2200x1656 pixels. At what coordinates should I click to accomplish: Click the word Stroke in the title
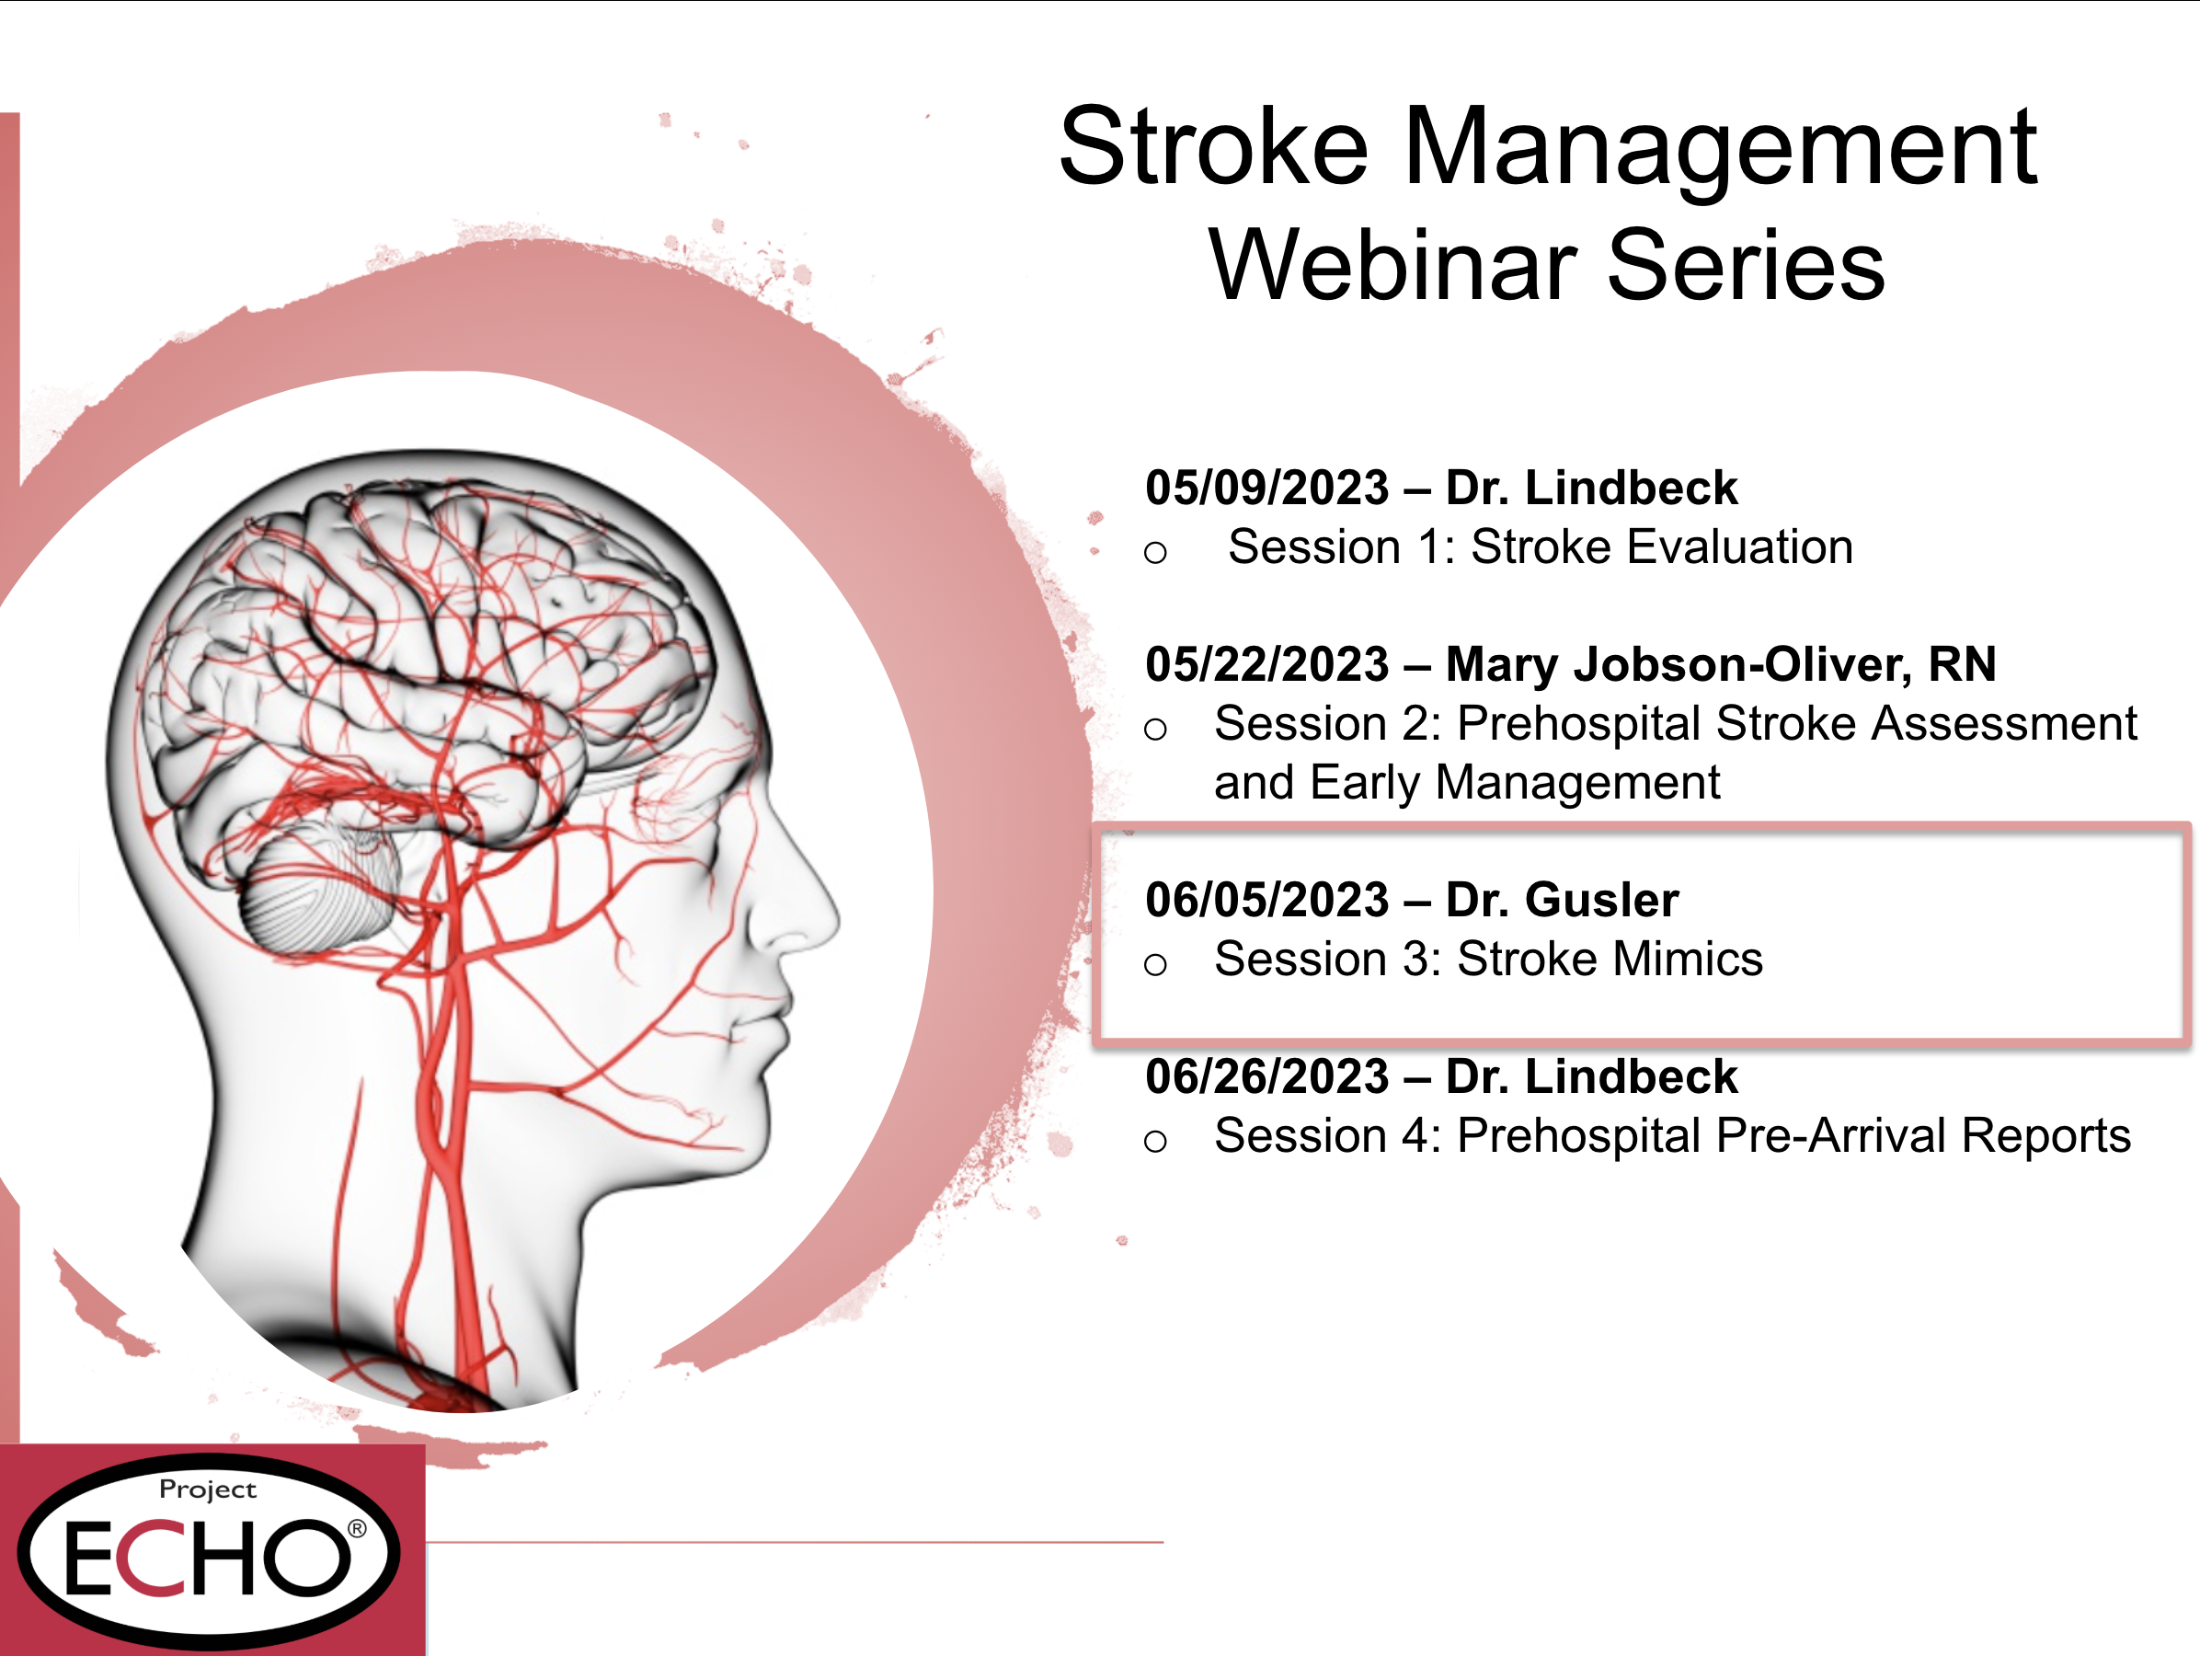click(x=1213, y=147)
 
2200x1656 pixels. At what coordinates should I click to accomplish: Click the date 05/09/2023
click(x=1266, y=488)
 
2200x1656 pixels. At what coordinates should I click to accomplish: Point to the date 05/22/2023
click(x=1266, y=663)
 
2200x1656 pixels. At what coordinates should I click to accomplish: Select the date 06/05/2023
click(x=1266, y=899)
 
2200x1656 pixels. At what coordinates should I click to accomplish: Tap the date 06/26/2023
click(x=1266, y=1076)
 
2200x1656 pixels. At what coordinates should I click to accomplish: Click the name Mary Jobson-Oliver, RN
click(x=1721, y=665)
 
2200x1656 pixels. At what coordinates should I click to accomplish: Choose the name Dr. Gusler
click(x=1562, y=899)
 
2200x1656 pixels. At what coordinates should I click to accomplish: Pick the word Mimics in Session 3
click(x=1688, y=959)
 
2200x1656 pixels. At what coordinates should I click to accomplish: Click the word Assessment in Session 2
click(x=2004, y=723)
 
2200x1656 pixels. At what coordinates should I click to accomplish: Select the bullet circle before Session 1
click(x=1154, y=552)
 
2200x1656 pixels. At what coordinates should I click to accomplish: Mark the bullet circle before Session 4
click(x=1154, y=1141)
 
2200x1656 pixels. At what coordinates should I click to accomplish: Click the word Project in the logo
click(x=208, y=1489)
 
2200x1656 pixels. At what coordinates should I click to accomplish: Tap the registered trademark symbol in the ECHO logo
click(x=356, y=1529)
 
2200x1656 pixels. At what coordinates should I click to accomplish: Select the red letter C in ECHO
click(x=146, y=1558)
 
